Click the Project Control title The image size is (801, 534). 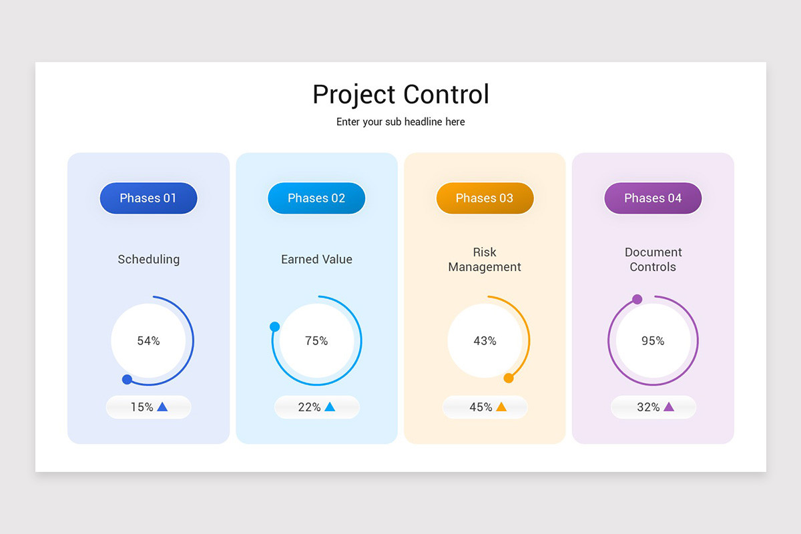coord(400,95)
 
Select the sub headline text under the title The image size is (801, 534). coord(400,122)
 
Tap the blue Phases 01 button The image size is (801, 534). coord(148,198)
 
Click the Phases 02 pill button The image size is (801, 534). coord(316,198)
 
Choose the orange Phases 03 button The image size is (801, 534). coord(485,198)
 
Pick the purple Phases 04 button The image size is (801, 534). coord(653,198)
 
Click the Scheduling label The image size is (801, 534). coord(148,260)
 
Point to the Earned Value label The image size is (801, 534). coord(316,260)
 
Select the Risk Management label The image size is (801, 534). coord(485,260)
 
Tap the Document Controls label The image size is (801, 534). coord(653,260)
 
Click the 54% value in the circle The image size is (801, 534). coord(148,341)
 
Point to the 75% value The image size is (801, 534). coord(316,341)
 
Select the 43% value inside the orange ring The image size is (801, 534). coord(485,341)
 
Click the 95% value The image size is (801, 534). coord(653,341)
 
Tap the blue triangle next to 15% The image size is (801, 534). coord(162,407)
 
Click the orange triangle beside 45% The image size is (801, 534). coord(501,407)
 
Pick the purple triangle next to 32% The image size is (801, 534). coord(669,407)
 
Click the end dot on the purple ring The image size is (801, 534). coord(637,299)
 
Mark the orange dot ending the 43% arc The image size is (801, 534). coord(509,378)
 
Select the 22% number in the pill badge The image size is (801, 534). coord(309,407)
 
